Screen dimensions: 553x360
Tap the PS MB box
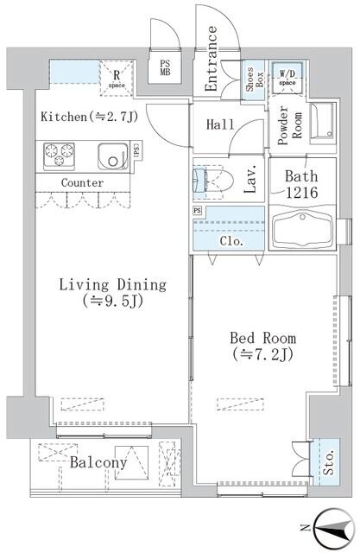166,67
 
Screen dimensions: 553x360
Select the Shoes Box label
253,79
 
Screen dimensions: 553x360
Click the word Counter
83,183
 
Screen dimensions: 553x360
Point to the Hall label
221,124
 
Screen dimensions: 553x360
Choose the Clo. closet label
231,242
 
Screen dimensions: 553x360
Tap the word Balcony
99,463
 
